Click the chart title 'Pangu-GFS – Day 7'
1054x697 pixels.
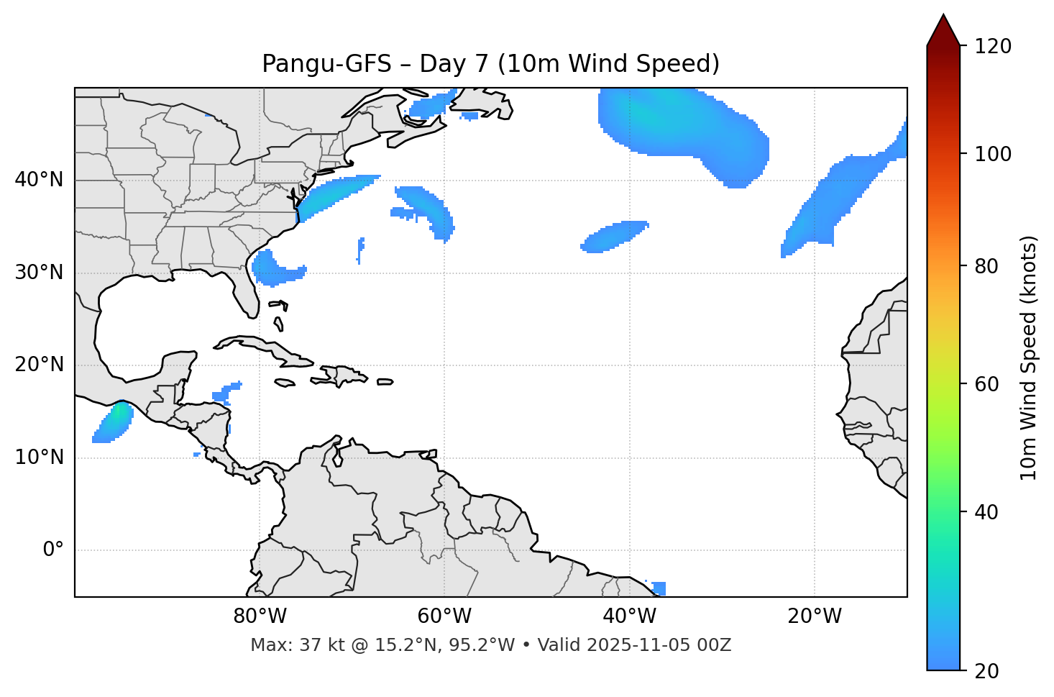click(490, 64)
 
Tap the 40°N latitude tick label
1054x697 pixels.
click(39, 180)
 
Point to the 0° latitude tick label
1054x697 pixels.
click(53, 550)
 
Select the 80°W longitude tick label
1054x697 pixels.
click(260, 616)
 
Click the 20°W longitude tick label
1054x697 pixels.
click(815, 616)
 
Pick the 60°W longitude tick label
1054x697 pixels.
click(444, 616)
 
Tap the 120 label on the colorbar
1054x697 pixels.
click(994, 47)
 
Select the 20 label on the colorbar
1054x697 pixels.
click(986, 671)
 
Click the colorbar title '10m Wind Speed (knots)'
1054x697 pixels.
click(1029, 357)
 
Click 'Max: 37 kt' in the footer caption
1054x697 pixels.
click(280, 645)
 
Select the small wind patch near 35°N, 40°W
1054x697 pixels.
click(615, 237)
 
